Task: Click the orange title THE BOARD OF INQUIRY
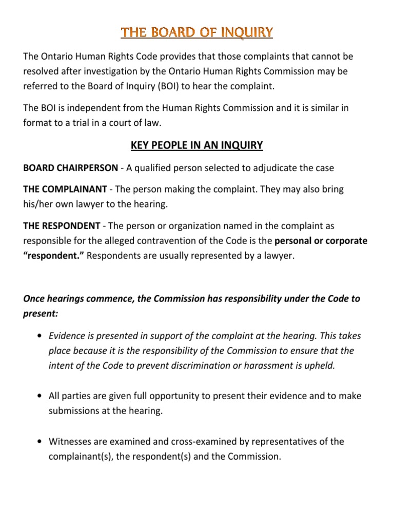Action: (197, 34)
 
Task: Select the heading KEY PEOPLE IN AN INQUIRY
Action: (197, 146)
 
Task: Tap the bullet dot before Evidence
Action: (40, 336)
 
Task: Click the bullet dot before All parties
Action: (40, 397)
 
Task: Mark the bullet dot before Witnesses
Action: (40, 442)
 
